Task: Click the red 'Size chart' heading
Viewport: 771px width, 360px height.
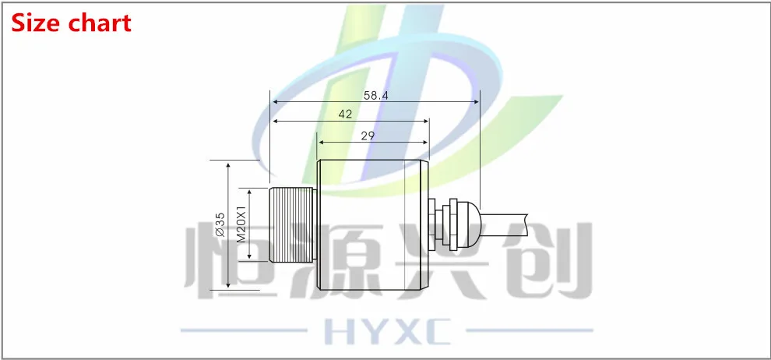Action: click(x=72, y=23)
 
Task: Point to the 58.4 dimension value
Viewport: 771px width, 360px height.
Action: click(x=375, y=95)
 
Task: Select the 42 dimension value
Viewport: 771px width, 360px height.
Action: click(x=345, y=114)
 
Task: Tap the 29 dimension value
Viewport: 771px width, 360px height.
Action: click(x=368, y=136)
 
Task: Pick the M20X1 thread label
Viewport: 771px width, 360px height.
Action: click(x=241, y=224)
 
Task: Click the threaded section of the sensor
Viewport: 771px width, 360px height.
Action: click(x=293, y=224)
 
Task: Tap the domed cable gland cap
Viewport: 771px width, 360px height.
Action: click(x=470, y=224)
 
